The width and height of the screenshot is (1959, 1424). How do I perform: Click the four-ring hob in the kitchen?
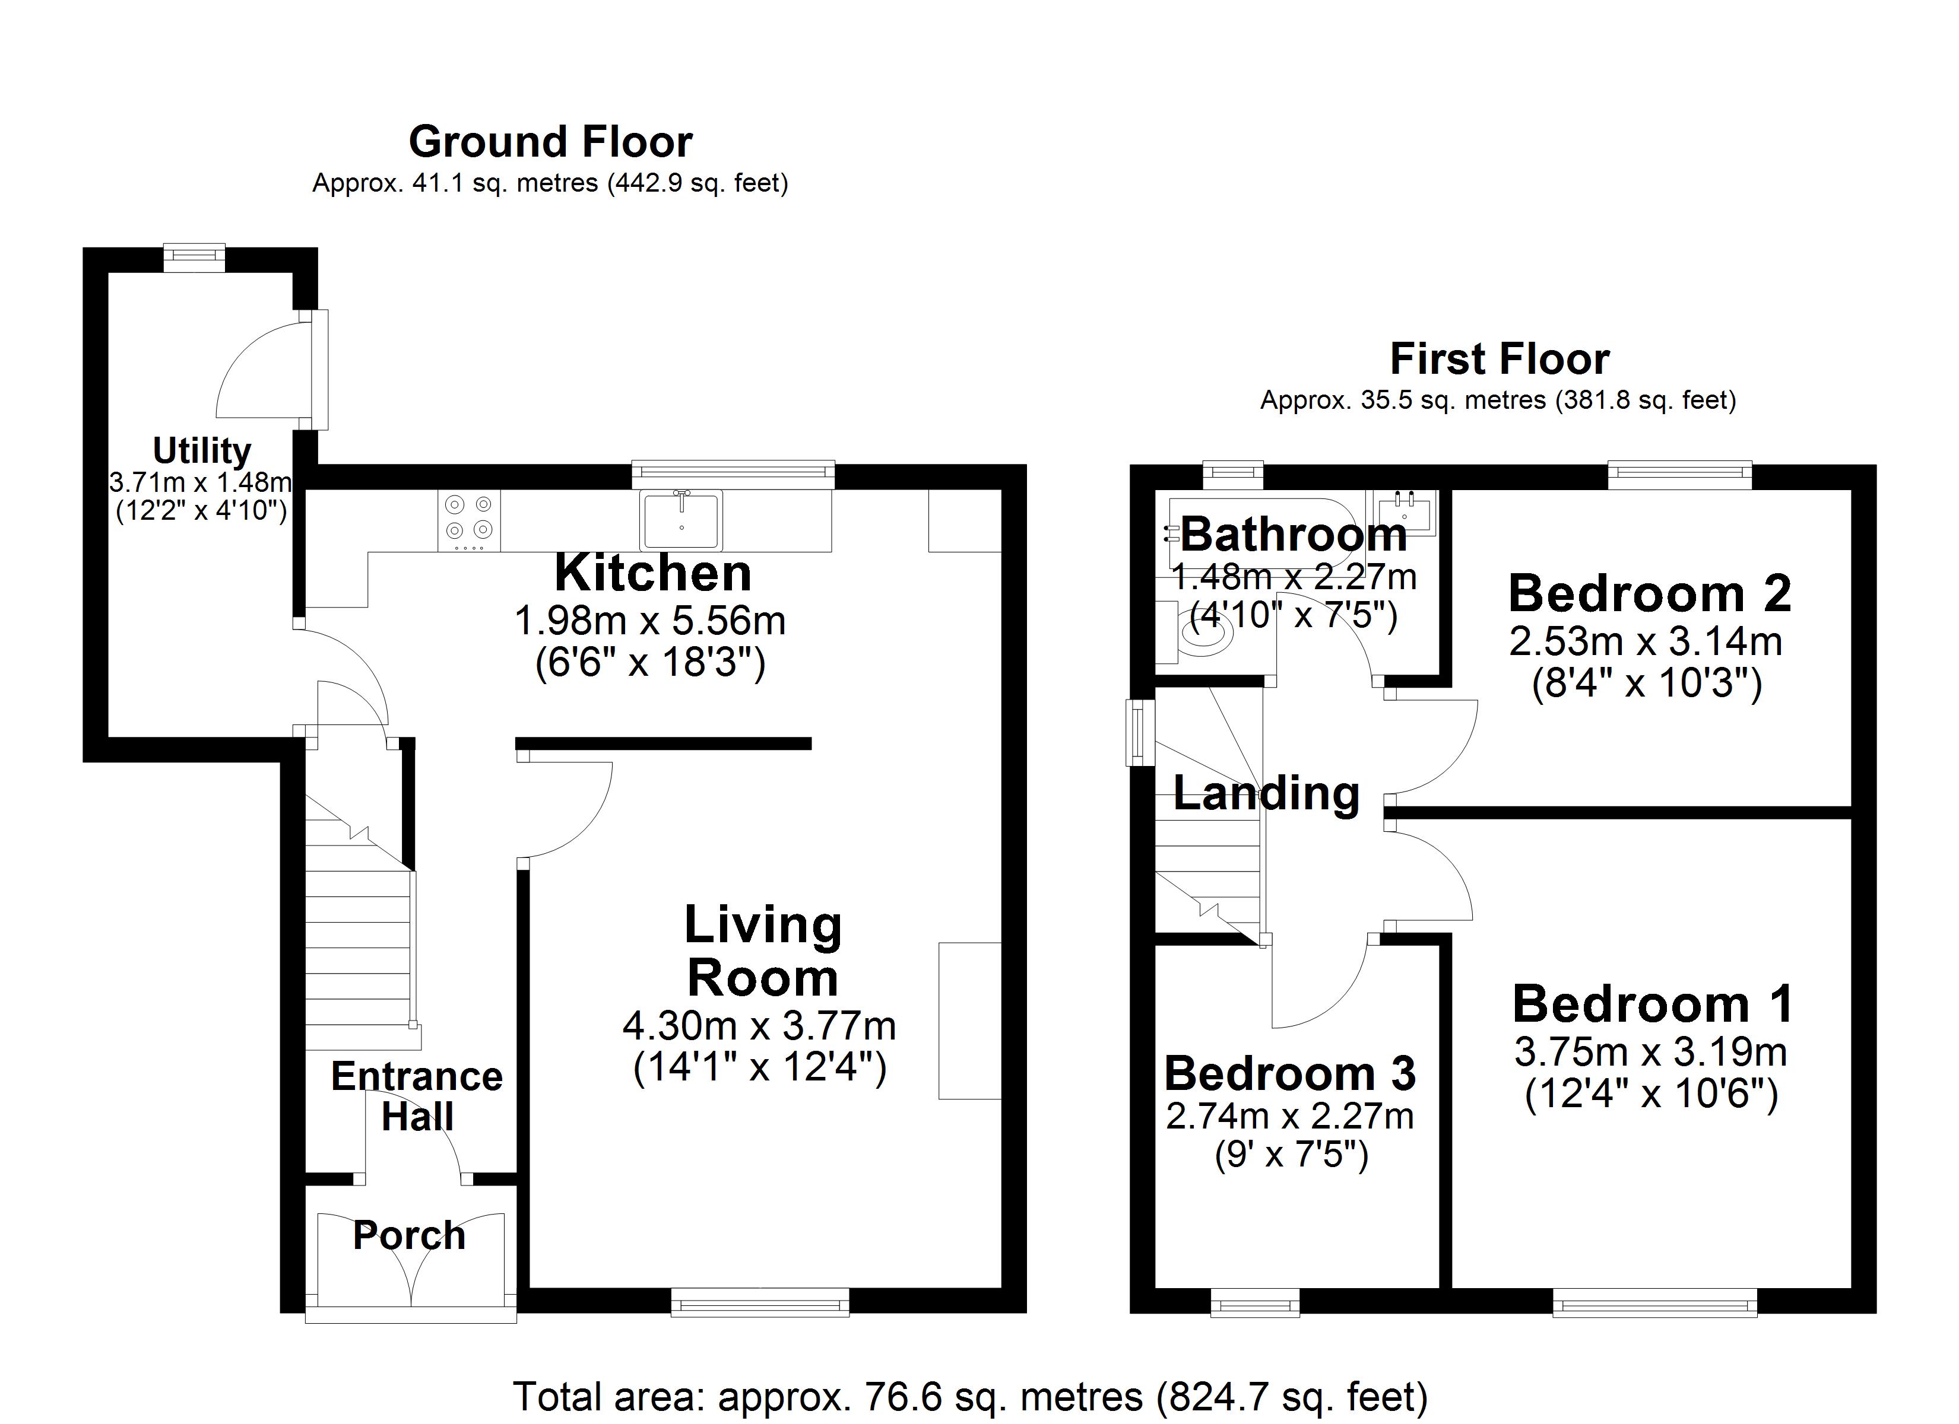[469, 521]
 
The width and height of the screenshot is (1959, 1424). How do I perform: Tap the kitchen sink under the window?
[681, 521]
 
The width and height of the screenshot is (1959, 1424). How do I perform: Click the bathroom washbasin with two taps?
[1405, 511]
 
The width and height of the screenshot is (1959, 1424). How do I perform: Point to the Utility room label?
[201, 451]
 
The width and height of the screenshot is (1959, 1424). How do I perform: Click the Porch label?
[410, 1236]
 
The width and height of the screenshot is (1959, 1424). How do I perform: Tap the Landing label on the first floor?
[1266, 794]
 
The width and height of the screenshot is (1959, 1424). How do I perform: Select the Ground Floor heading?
[550, 142]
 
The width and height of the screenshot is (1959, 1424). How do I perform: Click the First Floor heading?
[1500, 359]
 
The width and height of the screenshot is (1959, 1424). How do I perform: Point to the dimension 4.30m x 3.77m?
[759, 1026]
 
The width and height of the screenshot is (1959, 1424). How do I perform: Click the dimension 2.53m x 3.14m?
[1646, 641]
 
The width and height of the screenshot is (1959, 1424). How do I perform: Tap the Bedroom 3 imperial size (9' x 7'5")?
[1291, 1155]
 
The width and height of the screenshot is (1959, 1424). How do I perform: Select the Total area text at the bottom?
[970, 1396]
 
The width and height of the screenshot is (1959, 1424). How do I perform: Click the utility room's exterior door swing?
[268, 371]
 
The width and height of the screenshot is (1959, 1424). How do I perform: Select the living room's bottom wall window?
[760, 1301]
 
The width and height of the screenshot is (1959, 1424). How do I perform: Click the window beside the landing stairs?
[1139, 732]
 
